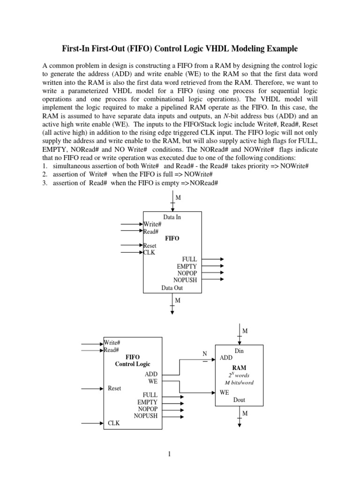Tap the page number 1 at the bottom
pyautogui.click(x=180, y=454)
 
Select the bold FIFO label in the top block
pyautogui.click(x=172, y=238)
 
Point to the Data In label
pyautogui.click(x=172, y=217)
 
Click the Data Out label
pyautogui.click(x=172, y=288)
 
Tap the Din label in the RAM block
pyautogui.click(x=239, y=351)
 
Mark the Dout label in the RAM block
pyautogui.click(x=239, y=400)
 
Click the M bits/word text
pyautogui.click(x=239, y=382)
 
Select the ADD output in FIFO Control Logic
pyautogui.click(x=151, y=374)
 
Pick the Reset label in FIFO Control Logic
pyautogui.click(x=115, y=388)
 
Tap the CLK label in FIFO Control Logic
pyautogui.click(x=114, y=423)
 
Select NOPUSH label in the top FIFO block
pyautogui.click(x=186, y=280)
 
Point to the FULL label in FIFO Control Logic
pyautogui.click(x=150, y=395)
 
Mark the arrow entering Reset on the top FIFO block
pyautogui.click(x=132, y=245)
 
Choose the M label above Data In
pyautogui.click(x=178, y=198)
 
